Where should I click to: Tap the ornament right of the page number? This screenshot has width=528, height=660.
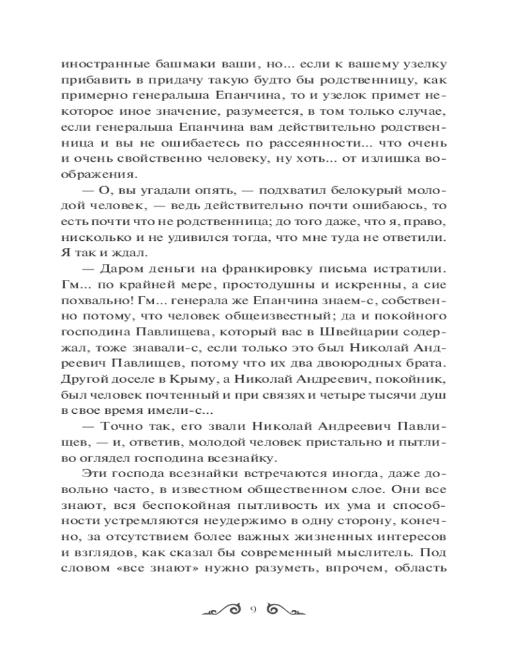(282, 609)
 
